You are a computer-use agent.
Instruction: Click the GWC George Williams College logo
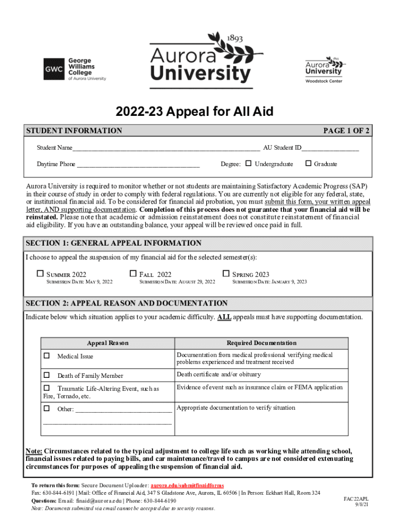point(74,69)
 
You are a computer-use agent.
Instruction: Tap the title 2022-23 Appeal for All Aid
point(194,112)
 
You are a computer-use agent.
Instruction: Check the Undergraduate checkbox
point(249,164)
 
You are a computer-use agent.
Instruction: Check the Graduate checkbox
point(308,164)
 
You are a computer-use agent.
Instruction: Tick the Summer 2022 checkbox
point(41,274)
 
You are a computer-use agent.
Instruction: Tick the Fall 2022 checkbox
point(133,274)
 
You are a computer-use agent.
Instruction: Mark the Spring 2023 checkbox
point(226,274)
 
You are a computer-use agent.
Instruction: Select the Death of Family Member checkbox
point(47,375)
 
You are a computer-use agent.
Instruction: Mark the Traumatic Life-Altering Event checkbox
point(47,388)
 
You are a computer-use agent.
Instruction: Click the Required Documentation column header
point(262,342)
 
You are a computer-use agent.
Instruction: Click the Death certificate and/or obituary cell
point(219,374)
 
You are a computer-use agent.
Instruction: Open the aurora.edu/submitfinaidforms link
point(187,485)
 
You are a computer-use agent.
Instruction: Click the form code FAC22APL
point(356,498)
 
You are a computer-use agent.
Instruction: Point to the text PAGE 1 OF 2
point(346,131)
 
